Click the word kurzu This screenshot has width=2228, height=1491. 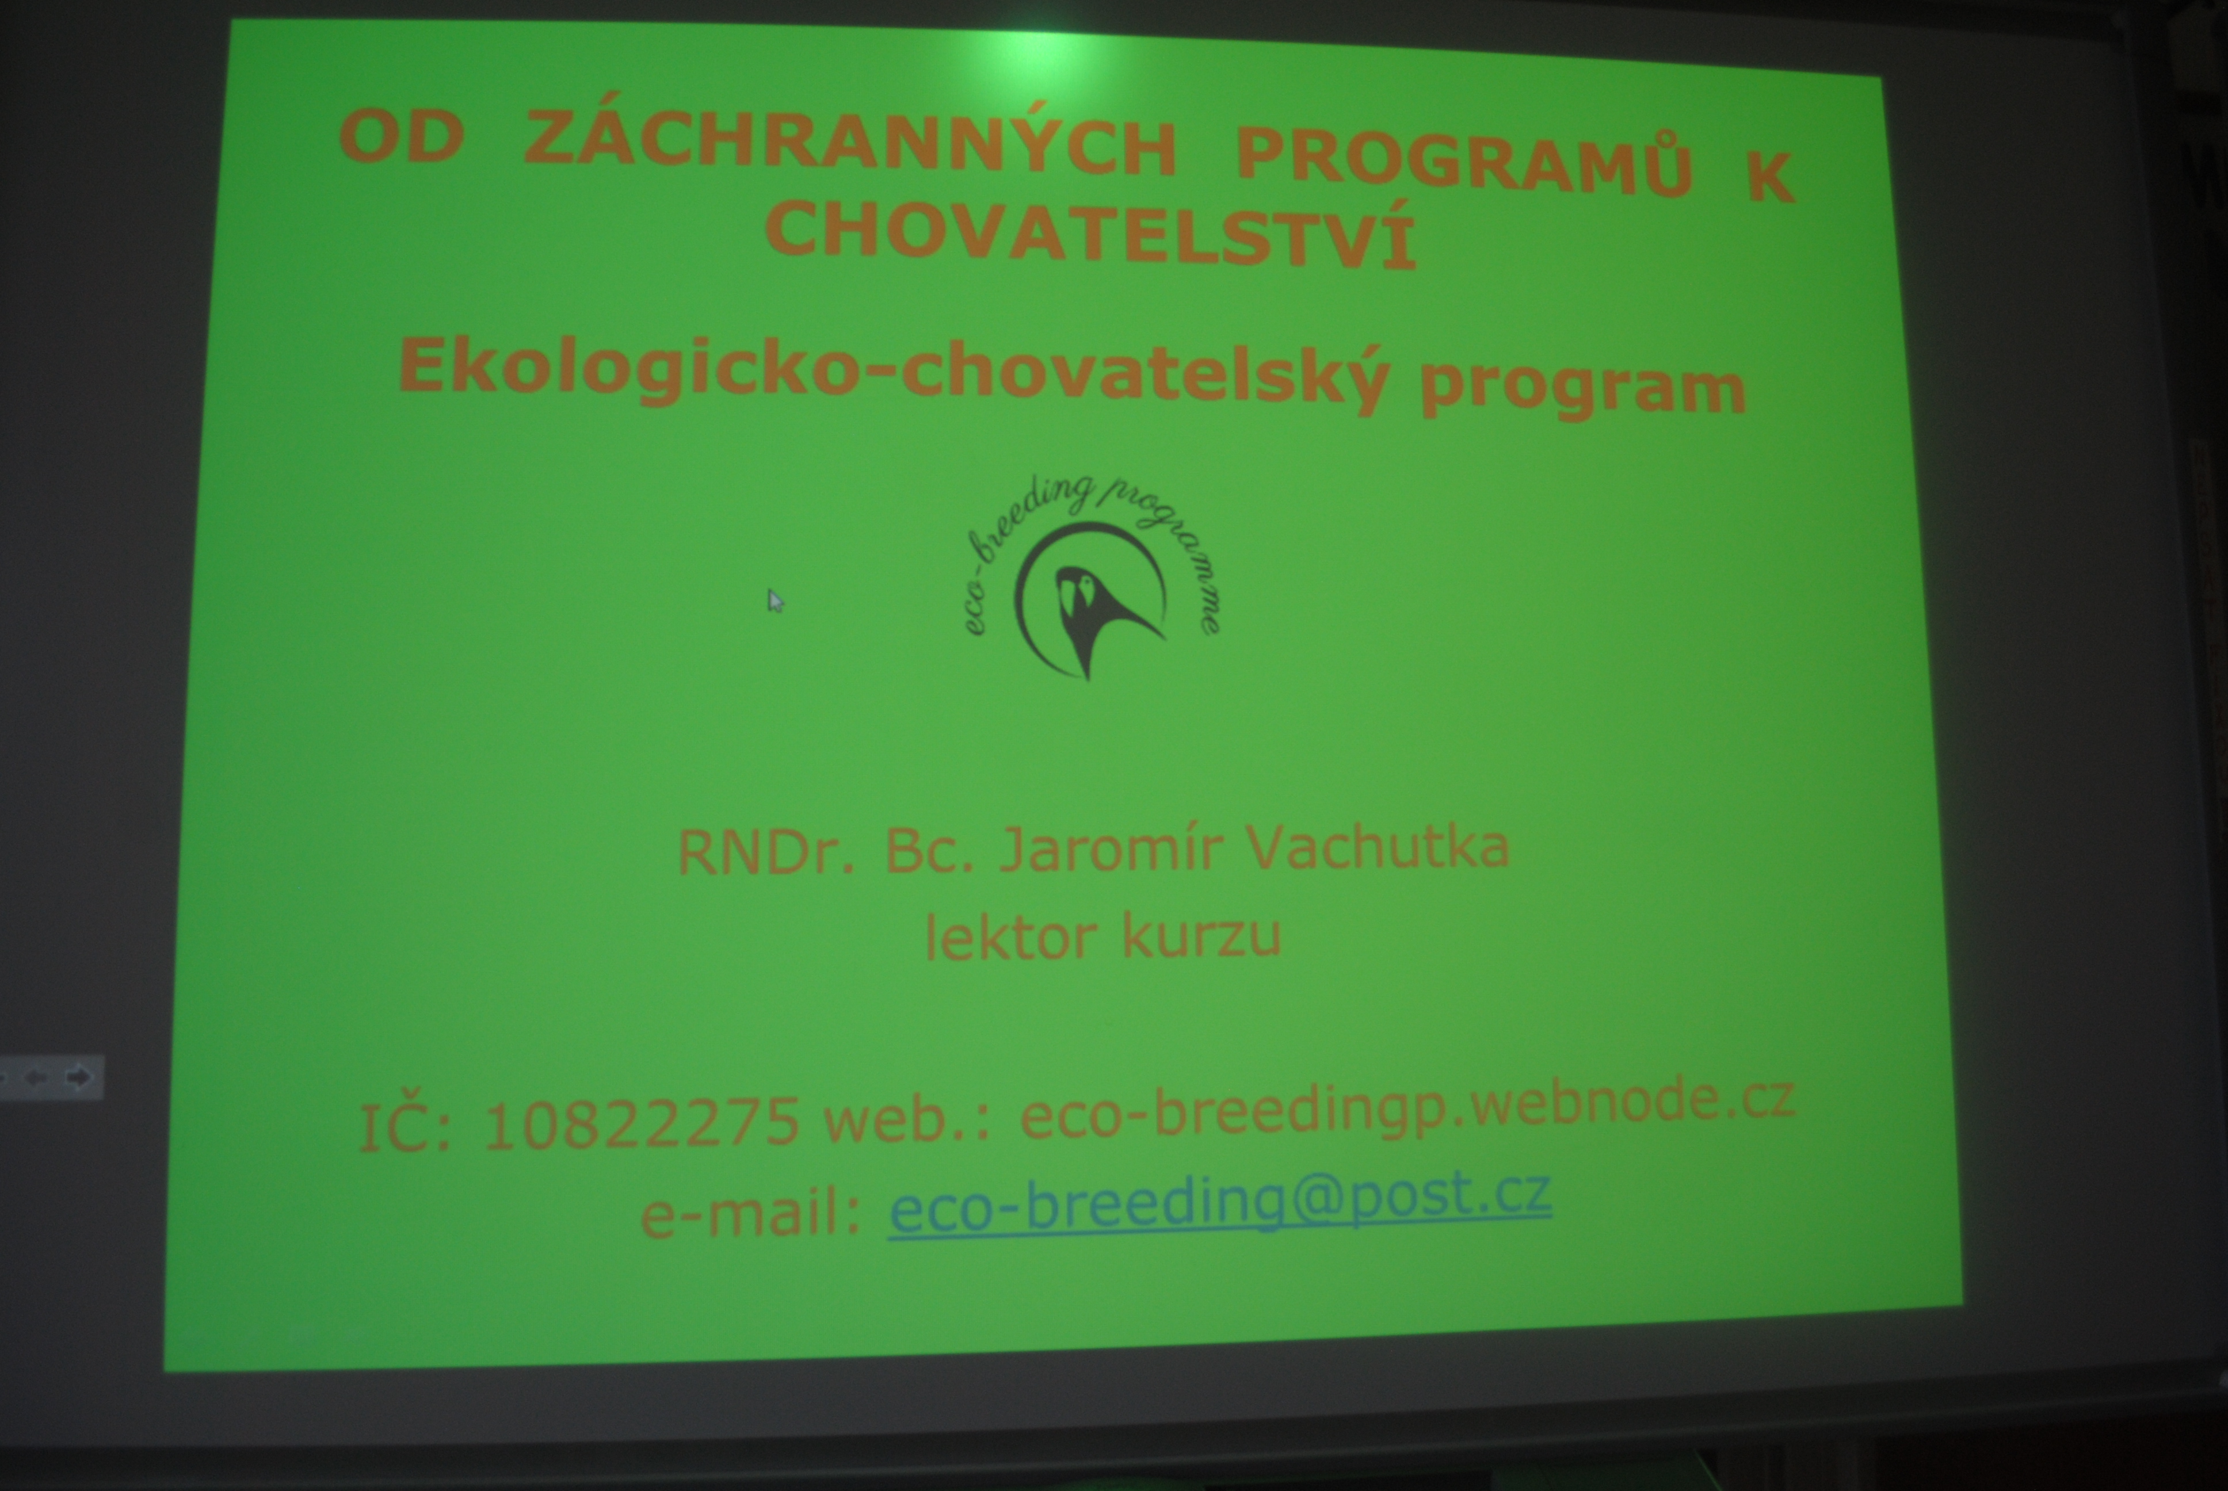point(1203,936)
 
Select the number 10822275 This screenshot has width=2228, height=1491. point(642,1122)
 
